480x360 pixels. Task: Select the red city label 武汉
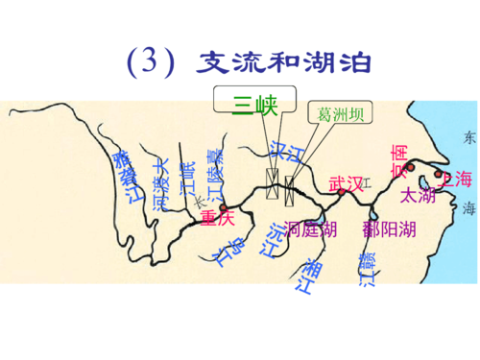(347, 181)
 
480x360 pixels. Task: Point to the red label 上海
(455, 179)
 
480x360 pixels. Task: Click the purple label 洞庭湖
(311, 228)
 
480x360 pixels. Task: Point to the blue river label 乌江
(226, 255)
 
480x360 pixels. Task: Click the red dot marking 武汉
(341, 192)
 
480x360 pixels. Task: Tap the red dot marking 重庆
(223, 206)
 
